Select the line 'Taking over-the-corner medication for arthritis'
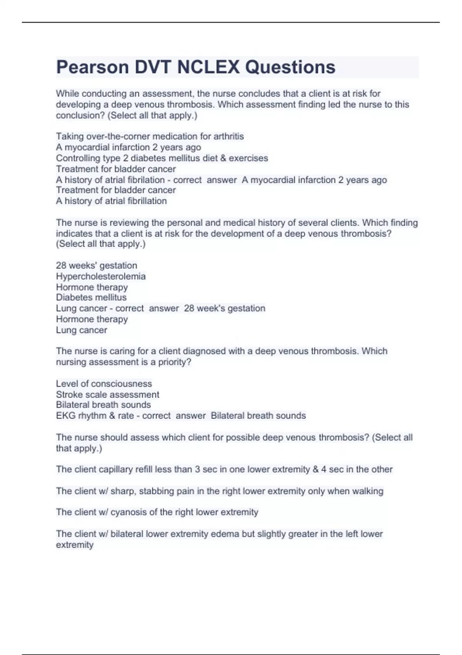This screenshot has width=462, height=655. (x=150, y=136)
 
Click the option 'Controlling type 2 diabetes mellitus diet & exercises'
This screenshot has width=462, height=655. (x=162, y=158)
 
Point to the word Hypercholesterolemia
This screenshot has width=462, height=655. (x=100, y=277)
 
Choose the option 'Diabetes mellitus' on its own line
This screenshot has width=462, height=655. (x=91, y=297)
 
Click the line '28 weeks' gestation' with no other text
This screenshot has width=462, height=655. (x=96, y=265)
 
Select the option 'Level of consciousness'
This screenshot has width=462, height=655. (x=104, y=384)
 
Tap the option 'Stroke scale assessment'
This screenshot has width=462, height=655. (x=107, y=395)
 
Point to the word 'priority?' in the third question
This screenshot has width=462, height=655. (x=174, y=362)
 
